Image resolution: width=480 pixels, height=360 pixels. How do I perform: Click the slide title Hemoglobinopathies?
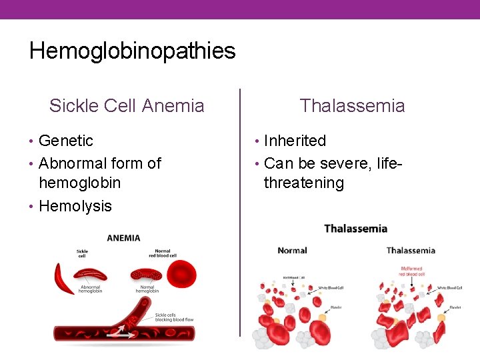coord(132,51)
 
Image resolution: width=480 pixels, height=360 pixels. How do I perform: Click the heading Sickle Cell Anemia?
coord(127,105)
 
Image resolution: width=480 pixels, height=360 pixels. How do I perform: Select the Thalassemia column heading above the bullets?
coord(352,105)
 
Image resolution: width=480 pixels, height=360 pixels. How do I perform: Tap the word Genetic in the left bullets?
coord(66,141)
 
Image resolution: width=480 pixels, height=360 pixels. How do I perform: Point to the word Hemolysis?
coord(75,206)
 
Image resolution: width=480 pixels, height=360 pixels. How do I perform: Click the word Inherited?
coord(295,141)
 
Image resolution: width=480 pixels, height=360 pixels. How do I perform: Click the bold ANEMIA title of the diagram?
coord(123,238)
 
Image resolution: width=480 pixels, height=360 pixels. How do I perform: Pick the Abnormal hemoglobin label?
coord(90,289)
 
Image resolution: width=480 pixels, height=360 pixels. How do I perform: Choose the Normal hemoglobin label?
coord(147,289)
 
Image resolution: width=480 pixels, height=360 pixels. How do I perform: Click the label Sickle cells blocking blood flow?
coord(174,317)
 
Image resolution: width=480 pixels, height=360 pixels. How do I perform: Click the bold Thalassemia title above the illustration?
coord(355,229)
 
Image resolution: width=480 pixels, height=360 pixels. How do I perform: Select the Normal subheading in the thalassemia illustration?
coord(292,251)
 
